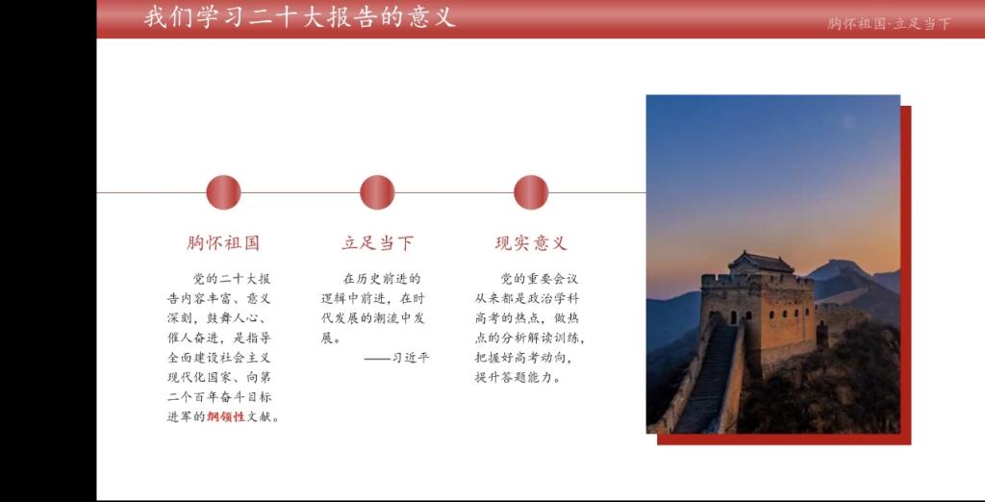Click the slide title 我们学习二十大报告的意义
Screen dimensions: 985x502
[x=300, y=17]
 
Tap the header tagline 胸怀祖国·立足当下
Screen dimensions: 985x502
[x=889, y=24]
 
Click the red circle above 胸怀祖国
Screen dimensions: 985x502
[x=223, y=192]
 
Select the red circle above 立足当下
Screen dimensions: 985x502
[x=377, y=192]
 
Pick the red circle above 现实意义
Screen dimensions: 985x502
[x=531, y=192]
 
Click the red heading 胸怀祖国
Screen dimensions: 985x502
[x=223, y=243]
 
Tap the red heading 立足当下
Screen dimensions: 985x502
[x=377, y=243]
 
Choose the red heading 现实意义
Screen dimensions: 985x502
[x=531, y=243]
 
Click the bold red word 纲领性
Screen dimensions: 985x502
[x=225, y=415]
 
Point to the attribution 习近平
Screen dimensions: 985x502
[x=411, y=358]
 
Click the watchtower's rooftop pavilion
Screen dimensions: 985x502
[x=761, y=262]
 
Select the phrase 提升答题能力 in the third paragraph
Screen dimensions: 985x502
[x=513, y=378]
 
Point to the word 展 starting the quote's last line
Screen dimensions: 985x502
[x=328, y=338]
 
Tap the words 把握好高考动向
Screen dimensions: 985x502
[x=518, y=358]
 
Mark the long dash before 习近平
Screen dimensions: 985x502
[x=377, y=359]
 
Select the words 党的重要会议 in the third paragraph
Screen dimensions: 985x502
[x=539, y=278]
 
